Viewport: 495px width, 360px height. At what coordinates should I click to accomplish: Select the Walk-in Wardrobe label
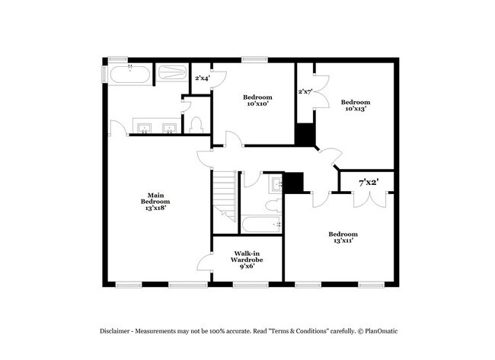(x=247, y=260)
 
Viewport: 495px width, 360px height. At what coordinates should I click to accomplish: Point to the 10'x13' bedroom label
(x=355, y=105)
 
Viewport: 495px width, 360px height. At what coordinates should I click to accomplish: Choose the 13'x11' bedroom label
(x=341, y=237)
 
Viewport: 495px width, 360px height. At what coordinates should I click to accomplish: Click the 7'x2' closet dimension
(x=369, y=183)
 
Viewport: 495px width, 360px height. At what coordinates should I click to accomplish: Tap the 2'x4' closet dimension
(x=202, y=78)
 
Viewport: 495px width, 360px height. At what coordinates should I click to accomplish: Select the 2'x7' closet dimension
(x=305, y=91)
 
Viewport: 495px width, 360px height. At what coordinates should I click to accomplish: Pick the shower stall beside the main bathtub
(x=171, y=74)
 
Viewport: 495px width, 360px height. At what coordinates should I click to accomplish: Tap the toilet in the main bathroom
(x=196, y=125)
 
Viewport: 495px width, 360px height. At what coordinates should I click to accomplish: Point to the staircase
(x=223, y=194)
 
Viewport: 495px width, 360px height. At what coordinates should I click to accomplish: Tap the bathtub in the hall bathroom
(x=261, y=224)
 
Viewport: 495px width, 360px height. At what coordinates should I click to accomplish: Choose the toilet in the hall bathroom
(x=270, y=204)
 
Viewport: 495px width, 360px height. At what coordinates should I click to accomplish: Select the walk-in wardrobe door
(x=203, y=263)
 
